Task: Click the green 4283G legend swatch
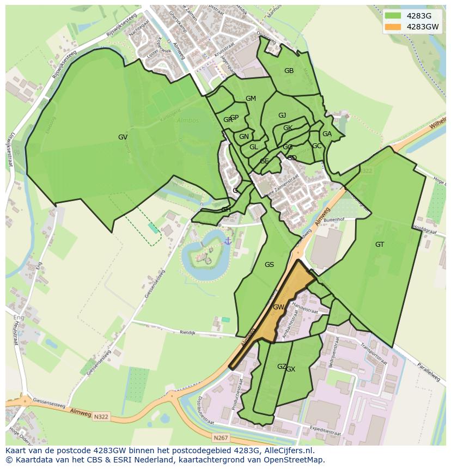pos(392,16)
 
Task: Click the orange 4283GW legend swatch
pos(392,27)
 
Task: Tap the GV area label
pos(123,137)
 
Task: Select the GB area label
pos(289,71)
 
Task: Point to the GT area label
pos(380,245)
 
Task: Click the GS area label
pos(269,265)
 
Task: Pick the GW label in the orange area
pos(278,307)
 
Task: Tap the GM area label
pos(251,99)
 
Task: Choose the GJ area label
pos(282,115)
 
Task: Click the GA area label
pos(327,134)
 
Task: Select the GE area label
pos(264,161)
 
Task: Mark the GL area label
pos(254,147)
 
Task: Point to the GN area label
pos(244,137)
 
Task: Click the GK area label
pos(288,128)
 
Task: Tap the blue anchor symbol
pos(228,240)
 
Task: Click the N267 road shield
pos(221,437)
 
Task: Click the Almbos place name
pos(188,120)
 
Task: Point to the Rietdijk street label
pos(187,332)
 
